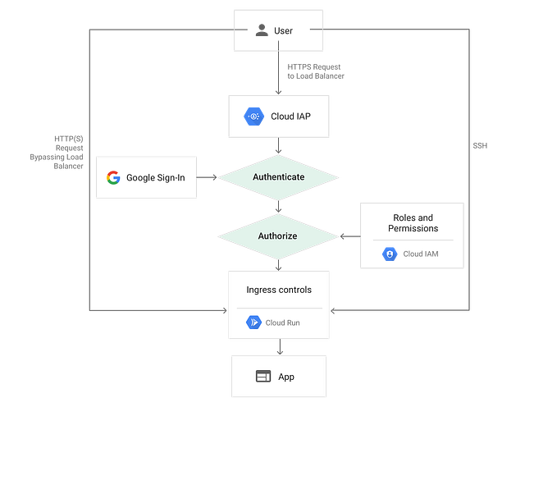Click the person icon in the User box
point(261,30)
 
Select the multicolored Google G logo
point(113,177)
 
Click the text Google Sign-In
point(155,177)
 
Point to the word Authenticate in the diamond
point(278,176)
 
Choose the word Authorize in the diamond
point(277,236)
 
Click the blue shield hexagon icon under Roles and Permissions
point(389,254)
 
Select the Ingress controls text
point(278,290)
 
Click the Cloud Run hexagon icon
point(253,322)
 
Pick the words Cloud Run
point(282,322)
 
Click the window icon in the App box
point(263,377)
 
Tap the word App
point(285,377)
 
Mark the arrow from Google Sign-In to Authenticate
point(207,176)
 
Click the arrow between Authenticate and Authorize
point(279,206)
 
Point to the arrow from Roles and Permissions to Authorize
point(351,236)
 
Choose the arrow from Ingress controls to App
point(279,347)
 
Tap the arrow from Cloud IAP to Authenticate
point(279,146)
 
